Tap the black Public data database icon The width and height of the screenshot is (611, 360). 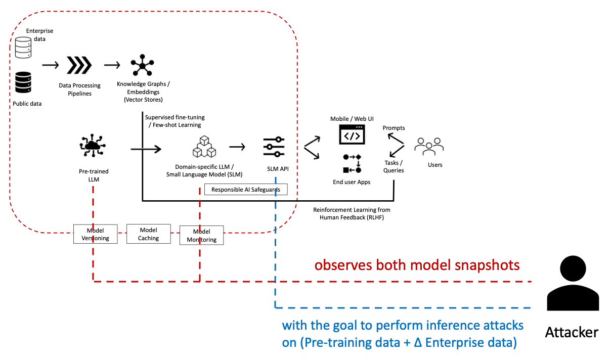pyautogui.click(x=23, y=82)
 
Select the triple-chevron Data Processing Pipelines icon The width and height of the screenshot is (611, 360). pyautogui.click(x=79, y=65)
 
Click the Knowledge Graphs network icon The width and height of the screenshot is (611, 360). pyautogui.click(x=143, y=65)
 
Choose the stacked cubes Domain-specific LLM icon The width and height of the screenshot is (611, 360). pyautogui.click(x=204, y=147)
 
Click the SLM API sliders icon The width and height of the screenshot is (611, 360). pyautogui.click(x=274, y=147)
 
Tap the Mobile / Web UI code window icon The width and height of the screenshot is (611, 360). pyautogui.click(x=352, y=136)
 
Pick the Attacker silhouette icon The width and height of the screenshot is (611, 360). pyautogui.click(x=572, y=283)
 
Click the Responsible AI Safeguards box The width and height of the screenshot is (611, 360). pyautogui.click(x=246, y=190)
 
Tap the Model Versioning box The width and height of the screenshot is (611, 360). pyautogui.click(x=95, y=234)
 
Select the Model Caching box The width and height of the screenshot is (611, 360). pyautogui.click(x=149, y=234)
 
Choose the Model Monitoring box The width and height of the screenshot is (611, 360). pyautogui.click(x=201, y=236)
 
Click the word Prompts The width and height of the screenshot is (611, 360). pyautogui.click(x=394, y=128)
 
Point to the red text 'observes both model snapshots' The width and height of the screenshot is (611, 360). pyautogui.click(x=417, y=265)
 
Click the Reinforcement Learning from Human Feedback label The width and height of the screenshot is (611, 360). pyautogui.click(x=352, y=213)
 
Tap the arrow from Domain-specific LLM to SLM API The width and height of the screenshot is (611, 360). pyautogui.click(x=237, y=147)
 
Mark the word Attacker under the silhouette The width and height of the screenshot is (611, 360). pyautogui.click(x=572, y=332)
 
